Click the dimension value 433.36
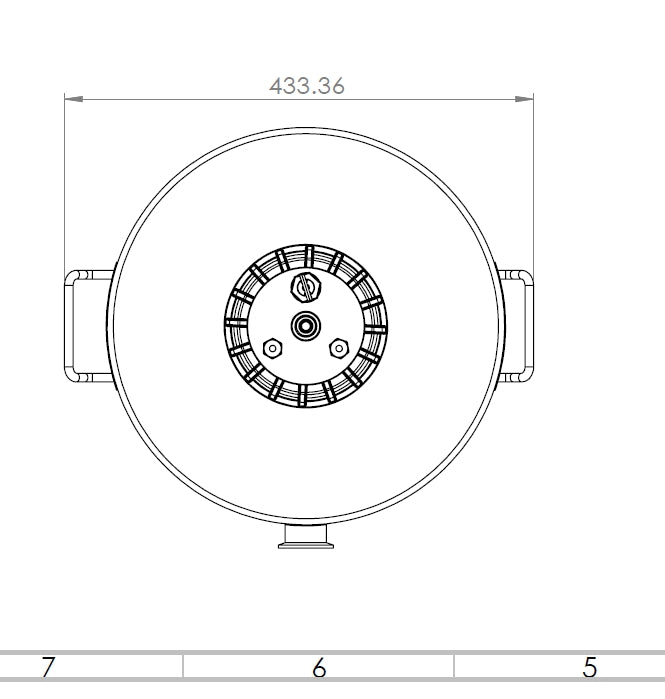307,86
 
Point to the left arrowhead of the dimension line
74,99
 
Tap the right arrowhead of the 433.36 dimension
524,99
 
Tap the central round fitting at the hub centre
306,326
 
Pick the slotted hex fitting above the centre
306,288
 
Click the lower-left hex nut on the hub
272,348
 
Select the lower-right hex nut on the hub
339,348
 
